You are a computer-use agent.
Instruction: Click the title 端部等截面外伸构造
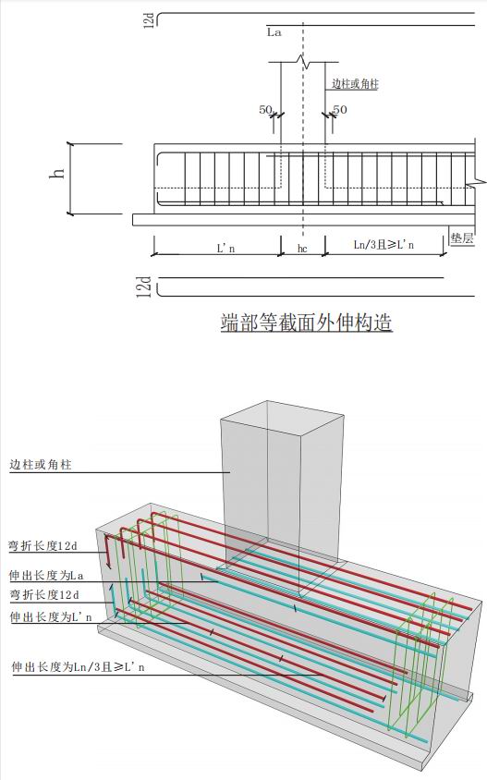(x=307, y=323)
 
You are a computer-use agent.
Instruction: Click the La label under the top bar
(x=274, y=33)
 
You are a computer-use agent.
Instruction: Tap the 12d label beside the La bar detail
(x=148, y=20)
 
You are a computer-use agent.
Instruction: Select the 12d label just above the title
(x=144, y=287)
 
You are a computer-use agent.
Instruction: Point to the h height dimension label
(x=57, y=173)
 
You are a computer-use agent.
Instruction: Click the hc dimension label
(x=302, y=249)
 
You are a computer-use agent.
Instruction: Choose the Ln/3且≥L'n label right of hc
(x=384, y=244)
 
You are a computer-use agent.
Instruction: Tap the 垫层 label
(x=462, y=238)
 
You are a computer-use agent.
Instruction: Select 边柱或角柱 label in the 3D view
(x=41, y=465)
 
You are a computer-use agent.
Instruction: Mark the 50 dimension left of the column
(x=265, y=109)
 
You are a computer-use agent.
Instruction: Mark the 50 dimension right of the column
(x=340, y=109)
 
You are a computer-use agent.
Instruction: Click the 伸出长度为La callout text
(x=47, y=576)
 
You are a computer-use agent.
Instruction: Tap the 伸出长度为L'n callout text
(x=51, y=616)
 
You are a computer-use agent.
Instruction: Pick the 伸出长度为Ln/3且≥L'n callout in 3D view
(x=79, y=666)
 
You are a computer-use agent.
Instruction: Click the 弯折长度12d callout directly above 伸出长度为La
(x=43, y=545)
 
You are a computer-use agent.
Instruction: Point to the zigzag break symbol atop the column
(x=303, y=62)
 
